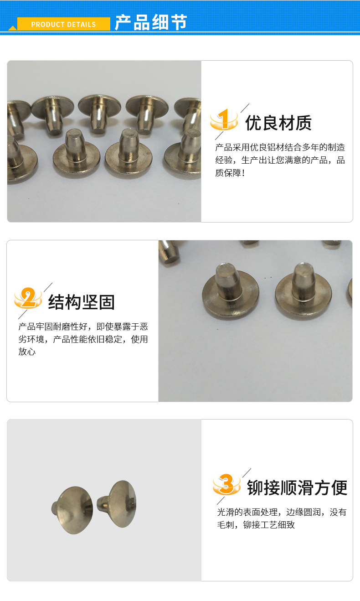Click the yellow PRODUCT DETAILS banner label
[63, 24]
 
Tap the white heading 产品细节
[151, 22]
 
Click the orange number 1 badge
[224, 119]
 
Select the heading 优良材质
[278, 123]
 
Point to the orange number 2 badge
[28, 298]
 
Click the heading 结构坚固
[82, 302]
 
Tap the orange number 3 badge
[226, 484]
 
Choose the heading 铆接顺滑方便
[297, 487]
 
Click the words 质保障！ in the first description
[230, 173]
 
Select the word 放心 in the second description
[27, 352]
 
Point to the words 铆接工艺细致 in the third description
[269, 524]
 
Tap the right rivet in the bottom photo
[117, 503]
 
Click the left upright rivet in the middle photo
[231, 290]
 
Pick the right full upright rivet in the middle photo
[303, 290]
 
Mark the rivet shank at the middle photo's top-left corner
[169, 251]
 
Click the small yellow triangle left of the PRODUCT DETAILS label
[13, 28]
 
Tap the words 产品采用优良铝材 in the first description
[250, 147]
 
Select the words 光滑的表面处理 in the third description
[247, 512]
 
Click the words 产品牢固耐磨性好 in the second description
[53, 326]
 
